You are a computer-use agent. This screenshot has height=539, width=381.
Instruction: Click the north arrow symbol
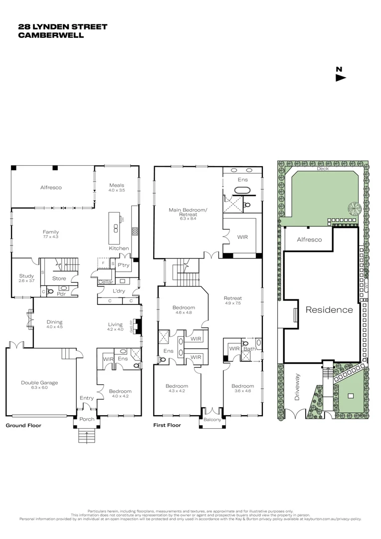341,77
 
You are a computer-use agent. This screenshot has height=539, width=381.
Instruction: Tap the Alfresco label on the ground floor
51,188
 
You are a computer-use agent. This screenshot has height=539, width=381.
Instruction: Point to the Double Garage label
39,383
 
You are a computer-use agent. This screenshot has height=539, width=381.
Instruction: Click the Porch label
87,419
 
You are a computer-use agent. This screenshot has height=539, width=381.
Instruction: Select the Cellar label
106,282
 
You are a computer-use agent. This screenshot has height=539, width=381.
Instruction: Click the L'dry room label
118,290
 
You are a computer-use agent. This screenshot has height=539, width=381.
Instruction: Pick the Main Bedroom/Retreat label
188,213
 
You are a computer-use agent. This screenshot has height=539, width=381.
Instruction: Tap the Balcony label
212,420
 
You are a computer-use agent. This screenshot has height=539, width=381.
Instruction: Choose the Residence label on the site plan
329,309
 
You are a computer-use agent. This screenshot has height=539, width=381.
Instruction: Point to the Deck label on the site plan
323,169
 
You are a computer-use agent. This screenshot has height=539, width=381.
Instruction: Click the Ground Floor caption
23,426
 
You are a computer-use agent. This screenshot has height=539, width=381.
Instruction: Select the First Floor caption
168,426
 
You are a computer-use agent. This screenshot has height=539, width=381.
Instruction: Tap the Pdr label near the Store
62,294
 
